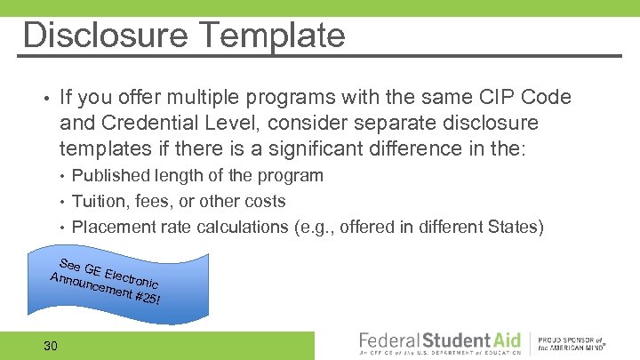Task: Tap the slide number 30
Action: tap(51, 345)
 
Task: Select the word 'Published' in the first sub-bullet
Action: tap(111, 176)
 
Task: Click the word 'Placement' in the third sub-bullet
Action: tap(114, 227)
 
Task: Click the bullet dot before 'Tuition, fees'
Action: tap(63, 202)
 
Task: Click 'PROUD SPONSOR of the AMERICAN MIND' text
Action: tap(573, 344)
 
